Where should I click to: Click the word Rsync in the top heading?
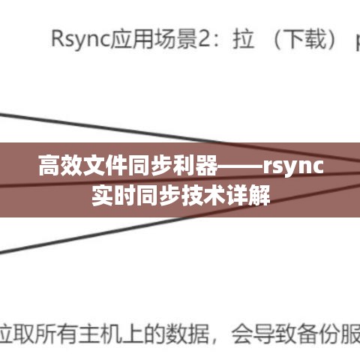click(80, 40)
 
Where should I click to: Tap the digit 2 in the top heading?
click(204, 39)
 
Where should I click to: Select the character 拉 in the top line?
click(243, 39)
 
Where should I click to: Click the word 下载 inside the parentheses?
click(304, 39)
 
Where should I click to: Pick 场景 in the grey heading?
click(175, 39)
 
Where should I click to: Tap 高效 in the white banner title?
click(61, 166)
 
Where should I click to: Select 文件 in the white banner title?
click(105, 166)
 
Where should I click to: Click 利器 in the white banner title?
click(194, 166)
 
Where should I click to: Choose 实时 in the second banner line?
click(114, 195)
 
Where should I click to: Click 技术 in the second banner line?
click(203, 195)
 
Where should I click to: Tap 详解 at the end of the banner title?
click(247, 195)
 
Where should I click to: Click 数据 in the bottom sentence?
click(187, 334)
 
